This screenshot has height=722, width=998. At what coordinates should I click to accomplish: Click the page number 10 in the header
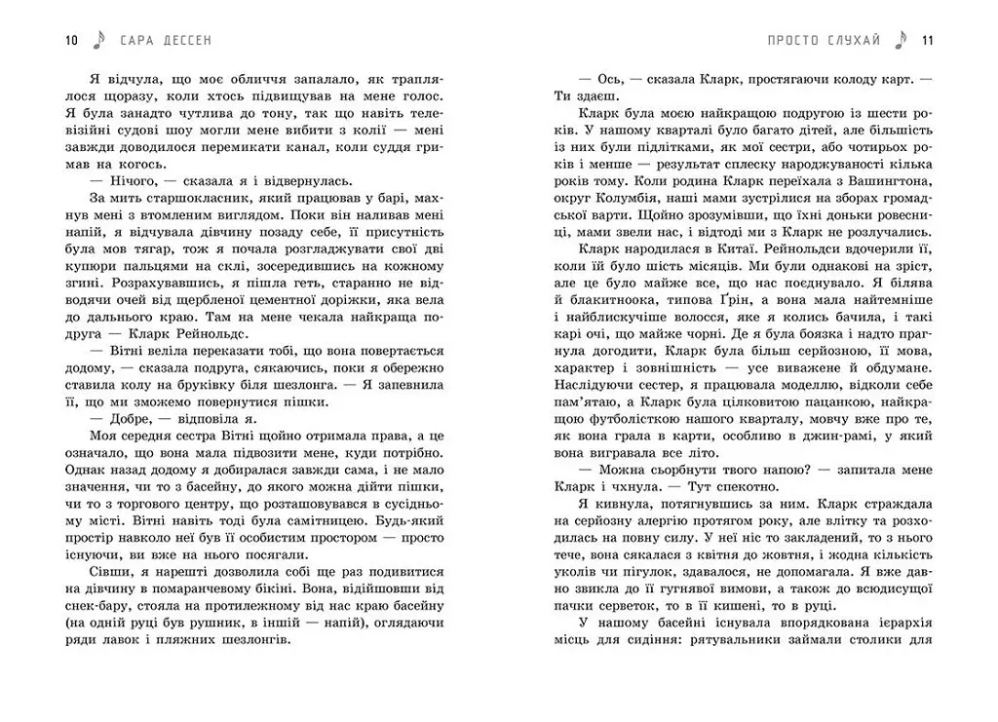70,40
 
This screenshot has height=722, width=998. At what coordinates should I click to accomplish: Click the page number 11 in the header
927,40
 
